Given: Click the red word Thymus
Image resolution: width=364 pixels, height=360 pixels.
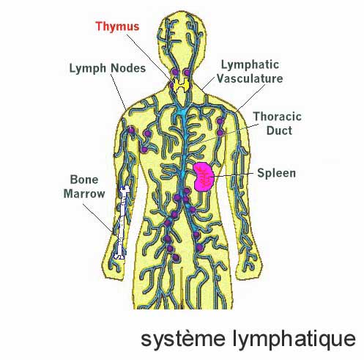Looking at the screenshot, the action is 117,26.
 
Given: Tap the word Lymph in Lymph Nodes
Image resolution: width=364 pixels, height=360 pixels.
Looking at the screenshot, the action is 88,68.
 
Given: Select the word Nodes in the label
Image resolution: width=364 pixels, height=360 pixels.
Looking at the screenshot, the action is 128,67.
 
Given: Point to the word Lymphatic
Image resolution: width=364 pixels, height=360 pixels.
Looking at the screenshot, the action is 250,65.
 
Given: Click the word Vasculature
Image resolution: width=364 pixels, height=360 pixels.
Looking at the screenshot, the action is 250,78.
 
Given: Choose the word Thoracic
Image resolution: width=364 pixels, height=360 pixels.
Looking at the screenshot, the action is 278,117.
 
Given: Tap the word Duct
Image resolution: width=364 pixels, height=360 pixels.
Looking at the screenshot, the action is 279,131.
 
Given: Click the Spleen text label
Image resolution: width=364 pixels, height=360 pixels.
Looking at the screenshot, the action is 277,173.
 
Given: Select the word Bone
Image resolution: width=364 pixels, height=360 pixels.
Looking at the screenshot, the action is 84,180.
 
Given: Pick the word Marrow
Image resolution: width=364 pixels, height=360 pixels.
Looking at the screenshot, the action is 84,194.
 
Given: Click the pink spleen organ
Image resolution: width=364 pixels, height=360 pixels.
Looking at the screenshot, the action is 204,177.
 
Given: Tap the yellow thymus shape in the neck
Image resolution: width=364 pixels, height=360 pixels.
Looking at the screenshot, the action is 181,84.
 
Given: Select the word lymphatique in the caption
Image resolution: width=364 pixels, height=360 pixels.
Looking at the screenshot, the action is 294,339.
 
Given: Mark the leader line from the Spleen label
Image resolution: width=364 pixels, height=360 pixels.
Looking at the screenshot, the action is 234,175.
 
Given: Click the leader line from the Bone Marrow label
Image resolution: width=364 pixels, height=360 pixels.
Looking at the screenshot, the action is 98,218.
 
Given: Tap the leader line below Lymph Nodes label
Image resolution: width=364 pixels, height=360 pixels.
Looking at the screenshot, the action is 118,92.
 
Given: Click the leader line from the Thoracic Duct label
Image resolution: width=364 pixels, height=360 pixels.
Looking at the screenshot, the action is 229,133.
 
